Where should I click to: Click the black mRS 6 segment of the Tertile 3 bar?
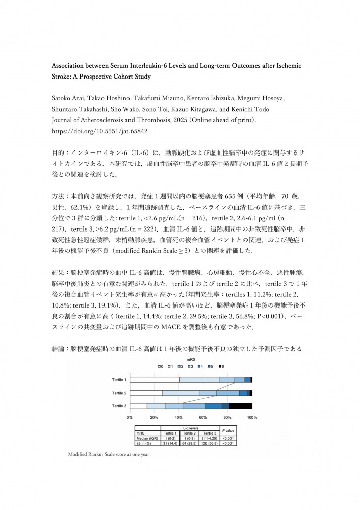[241, 406]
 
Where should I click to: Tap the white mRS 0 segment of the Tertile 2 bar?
[147, 393]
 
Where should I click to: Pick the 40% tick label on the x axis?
[179, 417]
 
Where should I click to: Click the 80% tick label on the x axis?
[228, 417]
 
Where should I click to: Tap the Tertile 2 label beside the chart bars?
[120, 393]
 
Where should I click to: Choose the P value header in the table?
[227, 431]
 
